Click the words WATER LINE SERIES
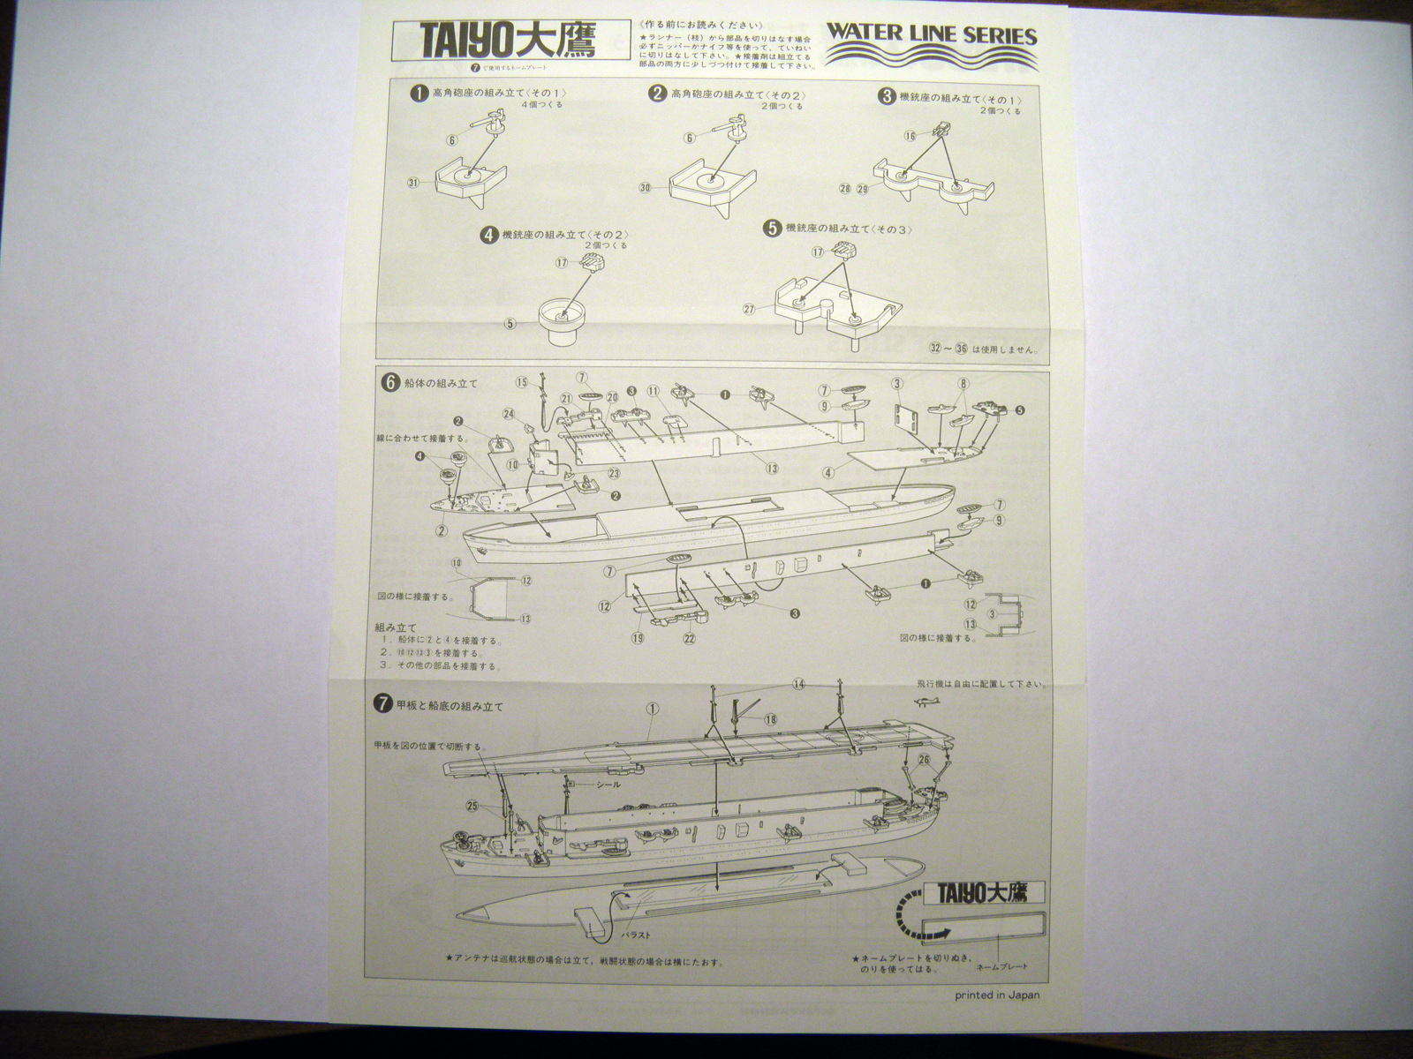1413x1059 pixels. (931, 36)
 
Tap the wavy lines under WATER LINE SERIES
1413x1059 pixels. (931, 58)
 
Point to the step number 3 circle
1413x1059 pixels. (887, 96)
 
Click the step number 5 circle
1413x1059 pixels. (773, 229)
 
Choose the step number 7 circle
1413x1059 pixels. (383, 704)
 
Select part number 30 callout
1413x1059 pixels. (645, 187)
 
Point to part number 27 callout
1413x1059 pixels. (749, 309)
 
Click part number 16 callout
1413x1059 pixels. (911, 136)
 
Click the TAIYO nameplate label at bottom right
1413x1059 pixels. (984, 892)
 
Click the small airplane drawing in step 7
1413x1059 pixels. (932, 702)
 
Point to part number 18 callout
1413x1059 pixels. (771, 720)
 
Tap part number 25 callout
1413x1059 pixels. (472, 806)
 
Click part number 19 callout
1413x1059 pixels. (637, 637)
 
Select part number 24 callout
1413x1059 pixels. (509, 413)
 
